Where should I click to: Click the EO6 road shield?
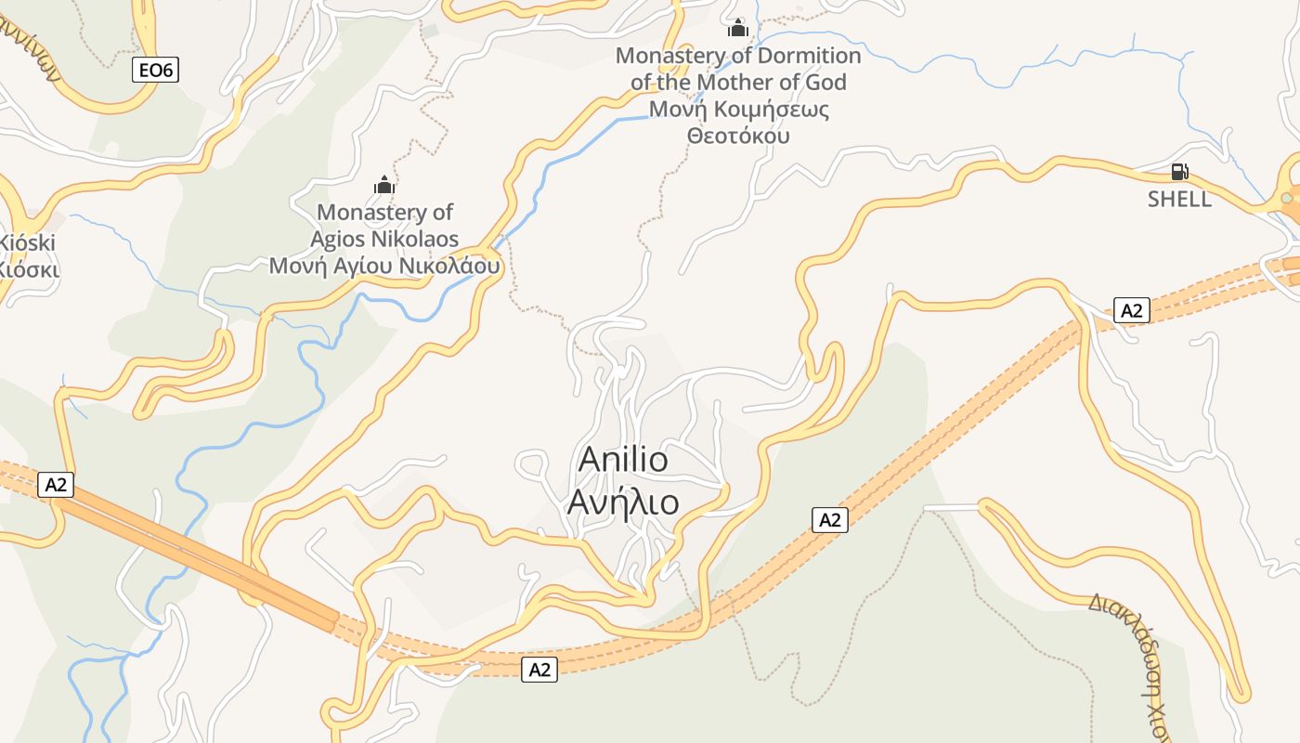(155, 70)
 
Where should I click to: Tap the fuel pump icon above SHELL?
(1179, 172)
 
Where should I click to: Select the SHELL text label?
(1179, 199)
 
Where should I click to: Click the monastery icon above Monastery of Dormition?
(738, 29)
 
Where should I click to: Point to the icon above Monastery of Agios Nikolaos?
(384, 185)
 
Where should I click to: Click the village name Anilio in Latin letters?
(623, 459)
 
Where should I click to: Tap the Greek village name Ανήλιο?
(623, 502)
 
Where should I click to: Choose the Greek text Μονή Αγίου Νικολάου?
(384, 267)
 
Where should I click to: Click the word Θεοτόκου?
(738, 136)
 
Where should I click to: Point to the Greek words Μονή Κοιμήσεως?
(738, 110)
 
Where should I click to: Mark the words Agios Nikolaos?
(384, 240)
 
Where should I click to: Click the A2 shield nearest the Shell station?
(1131, 310)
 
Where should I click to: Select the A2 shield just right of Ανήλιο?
(829, 520)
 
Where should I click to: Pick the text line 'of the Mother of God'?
(738, 83)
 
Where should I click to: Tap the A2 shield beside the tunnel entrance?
(57, 484)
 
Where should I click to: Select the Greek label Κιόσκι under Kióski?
(27, 269)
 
